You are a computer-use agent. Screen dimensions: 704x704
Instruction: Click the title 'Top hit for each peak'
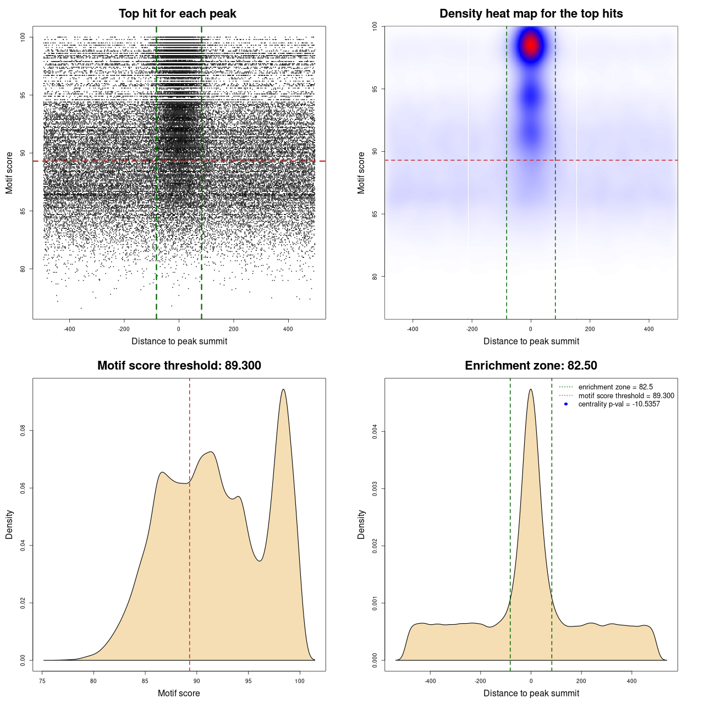[x=178, y=14]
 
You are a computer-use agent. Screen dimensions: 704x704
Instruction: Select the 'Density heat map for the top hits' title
[x=531, y=14]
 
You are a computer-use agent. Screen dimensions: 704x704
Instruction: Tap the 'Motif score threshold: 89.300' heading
[x=179, y=366]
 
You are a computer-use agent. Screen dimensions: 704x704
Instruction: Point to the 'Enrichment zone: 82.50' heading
[x=531, y=366]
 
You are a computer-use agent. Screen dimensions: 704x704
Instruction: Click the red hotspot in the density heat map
[x=531, y=45]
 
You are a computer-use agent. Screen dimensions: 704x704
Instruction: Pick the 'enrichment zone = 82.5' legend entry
[x=615, y=387]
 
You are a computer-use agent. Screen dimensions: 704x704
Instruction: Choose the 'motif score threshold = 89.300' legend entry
[x=626, y=395]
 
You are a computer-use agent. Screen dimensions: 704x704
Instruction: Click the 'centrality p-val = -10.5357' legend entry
[x=619, y=404]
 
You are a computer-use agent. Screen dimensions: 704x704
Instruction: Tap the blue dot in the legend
[x=566, y=404]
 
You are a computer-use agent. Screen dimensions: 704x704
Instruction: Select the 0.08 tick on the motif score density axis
[x=23, y=430]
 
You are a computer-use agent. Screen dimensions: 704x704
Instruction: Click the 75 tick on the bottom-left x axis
[x=43, y=681]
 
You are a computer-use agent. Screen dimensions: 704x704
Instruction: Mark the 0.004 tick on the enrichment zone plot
[x=375, y=432]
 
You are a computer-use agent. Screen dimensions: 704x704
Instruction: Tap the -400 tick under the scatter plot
[x=69, y=329]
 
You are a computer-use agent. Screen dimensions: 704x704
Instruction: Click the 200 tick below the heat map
[x=590, y=329]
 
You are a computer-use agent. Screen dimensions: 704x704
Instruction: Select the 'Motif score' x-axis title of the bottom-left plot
[x=179, y=693]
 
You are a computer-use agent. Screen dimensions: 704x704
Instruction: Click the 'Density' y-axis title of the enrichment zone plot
[x=361, y=524]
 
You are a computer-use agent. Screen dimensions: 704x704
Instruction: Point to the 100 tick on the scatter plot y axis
[x=23, y=37]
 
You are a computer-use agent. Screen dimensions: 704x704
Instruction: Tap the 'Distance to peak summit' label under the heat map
[x=531, y=341]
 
